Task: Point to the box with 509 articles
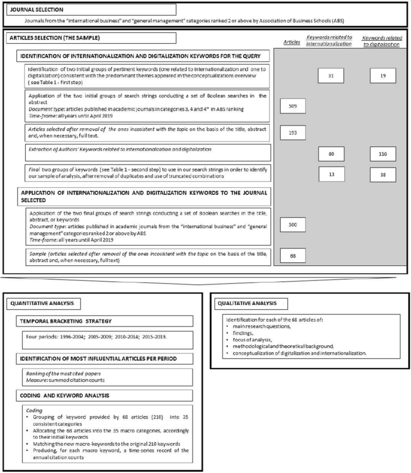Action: [x=293, y=106]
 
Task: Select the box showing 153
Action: [x=293, y=131]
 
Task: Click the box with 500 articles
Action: [x=293, y=224]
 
